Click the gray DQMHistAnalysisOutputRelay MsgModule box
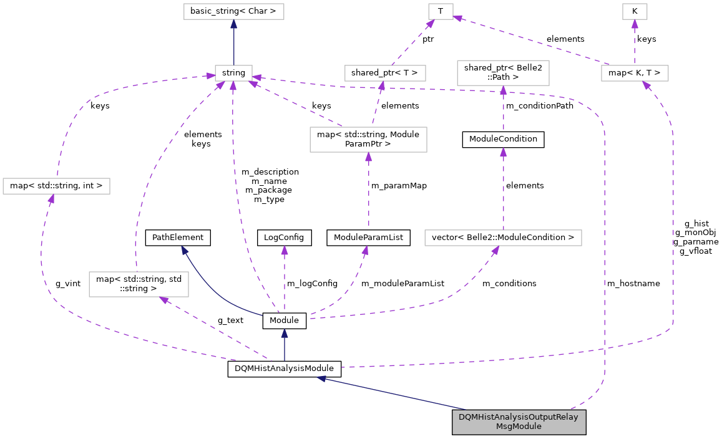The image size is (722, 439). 519,422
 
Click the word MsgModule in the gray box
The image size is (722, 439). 519,427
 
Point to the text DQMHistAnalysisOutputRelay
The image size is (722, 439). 519,417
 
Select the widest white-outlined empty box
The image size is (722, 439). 503,238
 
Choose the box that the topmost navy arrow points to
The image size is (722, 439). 233,11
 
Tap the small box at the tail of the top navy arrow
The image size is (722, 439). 233,73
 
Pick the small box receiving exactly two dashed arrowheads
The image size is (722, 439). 441,11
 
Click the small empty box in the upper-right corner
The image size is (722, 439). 635,11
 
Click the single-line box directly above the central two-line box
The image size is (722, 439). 385,73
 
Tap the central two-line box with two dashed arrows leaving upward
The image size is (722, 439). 368,140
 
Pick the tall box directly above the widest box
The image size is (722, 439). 503,73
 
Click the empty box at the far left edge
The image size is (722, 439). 56,186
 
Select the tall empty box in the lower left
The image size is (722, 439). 139,284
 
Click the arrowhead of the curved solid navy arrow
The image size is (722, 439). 184,249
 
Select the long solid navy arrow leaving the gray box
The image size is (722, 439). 393,393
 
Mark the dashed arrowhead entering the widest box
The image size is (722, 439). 495,250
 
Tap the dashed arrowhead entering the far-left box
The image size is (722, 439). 51,198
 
